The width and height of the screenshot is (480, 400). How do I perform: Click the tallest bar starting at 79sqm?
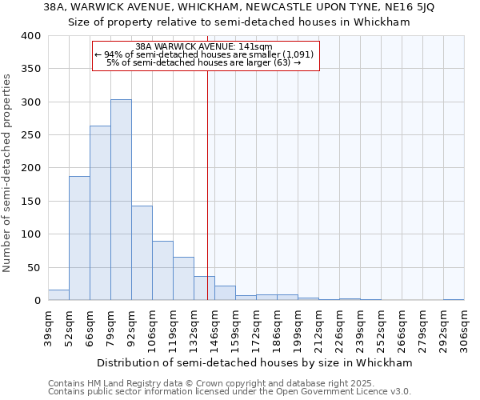(x=121, y=200)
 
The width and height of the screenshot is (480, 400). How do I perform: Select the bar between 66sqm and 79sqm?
(x=100, y=213)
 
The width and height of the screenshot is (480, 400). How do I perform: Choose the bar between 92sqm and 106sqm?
(x=142, y=253)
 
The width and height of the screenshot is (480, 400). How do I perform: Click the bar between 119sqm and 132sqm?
(x=183, y=278)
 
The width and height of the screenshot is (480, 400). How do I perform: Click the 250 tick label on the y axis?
(x=30, y=135)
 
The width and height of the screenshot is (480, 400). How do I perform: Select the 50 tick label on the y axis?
(x=34, y=267)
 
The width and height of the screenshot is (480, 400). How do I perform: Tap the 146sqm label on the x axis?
(x=214, y=326)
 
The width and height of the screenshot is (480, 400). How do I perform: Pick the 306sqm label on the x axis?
(x=464, y=326)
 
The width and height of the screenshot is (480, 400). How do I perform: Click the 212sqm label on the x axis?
(x=318, y=326)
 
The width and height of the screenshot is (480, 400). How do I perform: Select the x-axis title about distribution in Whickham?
(x=255, y=362)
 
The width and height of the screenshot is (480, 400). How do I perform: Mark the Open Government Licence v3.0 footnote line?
(x=229, y=392)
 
